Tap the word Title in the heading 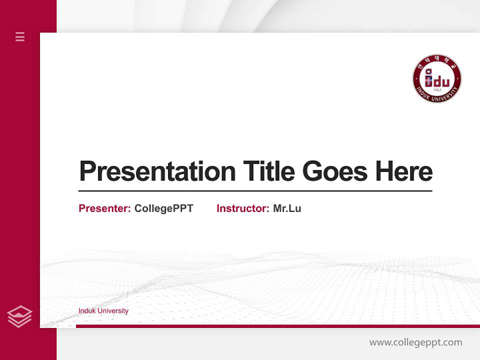click(x=268, y=171)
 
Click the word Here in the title click(x=404, y=171)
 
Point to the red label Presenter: click(x=104, y=208)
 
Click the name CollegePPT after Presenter click(x=163, y=208)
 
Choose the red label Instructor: click(x=242, y=208)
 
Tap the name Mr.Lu click(x=287, y=208)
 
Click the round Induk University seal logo click(x=436, y=78)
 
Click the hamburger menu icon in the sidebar click(x=20, y=36)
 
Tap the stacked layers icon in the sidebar click(x=19, y=316)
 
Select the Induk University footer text click(x=103, y=311)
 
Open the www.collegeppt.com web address click(x=415, y=342)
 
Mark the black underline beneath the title click(x=255, y=191)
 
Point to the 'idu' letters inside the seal click(x=437, y=79)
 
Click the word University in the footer click(x=113, y=311)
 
